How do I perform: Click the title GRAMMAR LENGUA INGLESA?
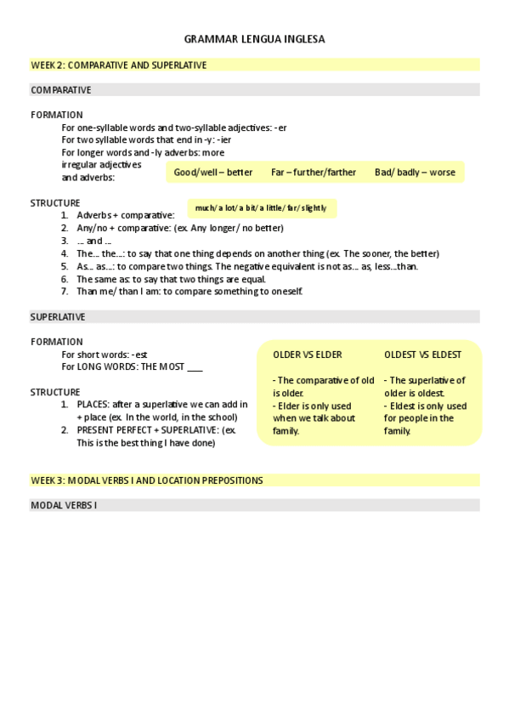pyautogui.click(x=254, y=39)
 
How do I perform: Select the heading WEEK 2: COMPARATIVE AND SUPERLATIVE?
pyautogui.click(x=119, y=65)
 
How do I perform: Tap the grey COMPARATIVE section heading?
pyautogui.click(x=61, y=89)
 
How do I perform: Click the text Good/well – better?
pyautogui.click(x=213, y=172)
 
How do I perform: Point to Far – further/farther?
pyautogui.click(x=314, y=172)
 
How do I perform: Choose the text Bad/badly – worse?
pyautogui.click(x=415, y=172)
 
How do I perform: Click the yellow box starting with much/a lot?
pyautogui.click(x=261, y=207)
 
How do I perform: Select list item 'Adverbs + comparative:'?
pyautogui.click(x=125, y=215)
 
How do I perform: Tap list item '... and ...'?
pyautogui.click(x=94, y=241)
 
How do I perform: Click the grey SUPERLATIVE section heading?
pyautogui.click(x=58, y=316)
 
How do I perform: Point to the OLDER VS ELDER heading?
pyautogui.click(x=307, y=355)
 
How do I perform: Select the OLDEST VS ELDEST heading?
pyautogui.click(x=422, y=355)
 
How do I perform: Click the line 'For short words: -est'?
pyautogui.click(x=105, y=354)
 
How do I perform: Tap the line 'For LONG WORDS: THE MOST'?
pyautogui.click(x=132, y=366)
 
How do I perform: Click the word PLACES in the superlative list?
pyautogui.click(x=93, y=404)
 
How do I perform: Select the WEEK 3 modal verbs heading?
pyautogui.click(x=147, y=480)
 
